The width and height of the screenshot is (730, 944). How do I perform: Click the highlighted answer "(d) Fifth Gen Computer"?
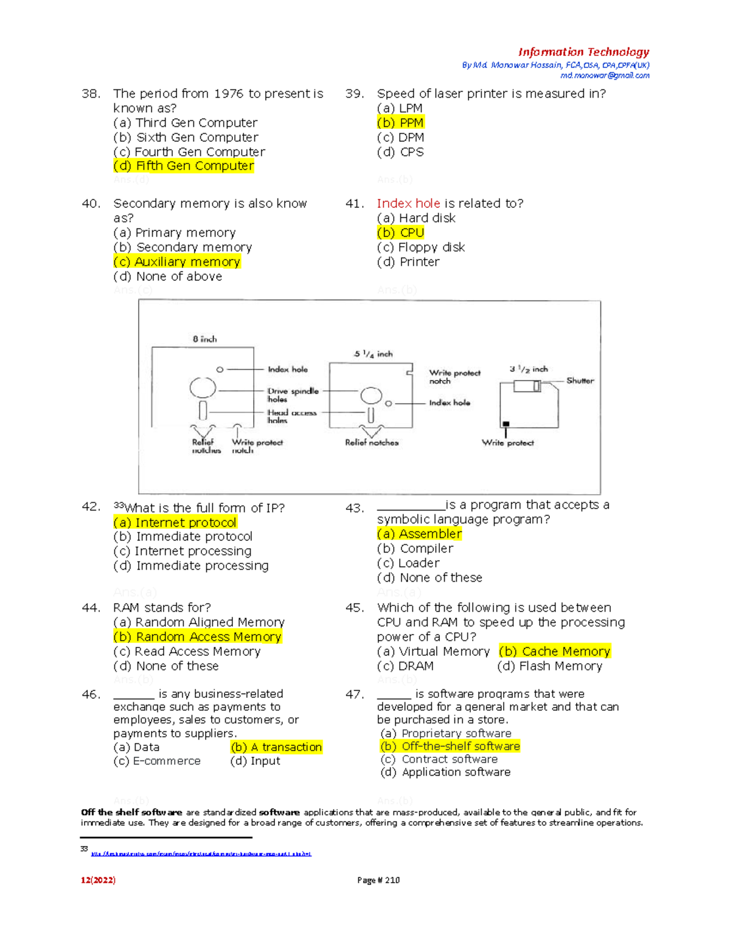coord(183,166)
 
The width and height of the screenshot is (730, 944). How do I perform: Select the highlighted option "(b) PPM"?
coord(400,123)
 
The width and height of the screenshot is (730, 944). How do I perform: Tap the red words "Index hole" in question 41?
coord(408,204)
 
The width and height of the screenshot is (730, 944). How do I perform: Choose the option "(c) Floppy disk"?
coord(420,247)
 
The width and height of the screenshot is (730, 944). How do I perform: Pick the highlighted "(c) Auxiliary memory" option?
coord(176,262)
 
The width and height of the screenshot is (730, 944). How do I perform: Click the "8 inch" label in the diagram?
coord(204,339)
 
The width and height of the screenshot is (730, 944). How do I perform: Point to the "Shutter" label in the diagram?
coord(580,381)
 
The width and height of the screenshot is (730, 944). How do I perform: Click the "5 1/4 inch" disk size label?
coord(374,354)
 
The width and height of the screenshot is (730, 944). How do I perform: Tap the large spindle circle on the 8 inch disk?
coord(203,387)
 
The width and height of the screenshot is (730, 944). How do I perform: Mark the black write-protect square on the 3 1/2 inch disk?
coord(506,424)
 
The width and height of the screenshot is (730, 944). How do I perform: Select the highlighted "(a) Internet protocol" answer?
coord(175,523)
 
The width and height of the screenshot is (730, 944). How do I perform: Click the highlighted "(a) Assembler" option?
coord(419,534)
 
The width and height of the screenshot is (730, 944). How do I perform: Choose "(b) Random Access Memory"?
coord(197,637)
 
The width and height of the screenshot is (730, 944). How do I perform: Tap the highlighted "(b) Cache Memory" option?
coord(554,652)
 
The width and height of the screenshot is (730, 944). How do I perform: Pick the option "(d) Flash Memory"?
coord(549,666)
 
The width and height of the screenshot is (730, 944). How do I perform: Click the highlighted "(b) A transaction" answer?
coord(276,747)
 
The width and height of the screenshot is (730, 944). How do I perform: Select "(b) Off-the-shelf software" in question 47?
coord(450,746)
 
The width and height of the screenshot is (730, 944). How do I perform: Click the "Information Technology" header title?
coord(583,52)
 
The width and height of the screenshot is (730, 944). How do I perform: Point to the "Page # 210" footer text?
coord(378,880)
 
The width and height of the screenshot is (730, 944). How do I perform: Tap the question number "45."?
coord(354,608)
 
